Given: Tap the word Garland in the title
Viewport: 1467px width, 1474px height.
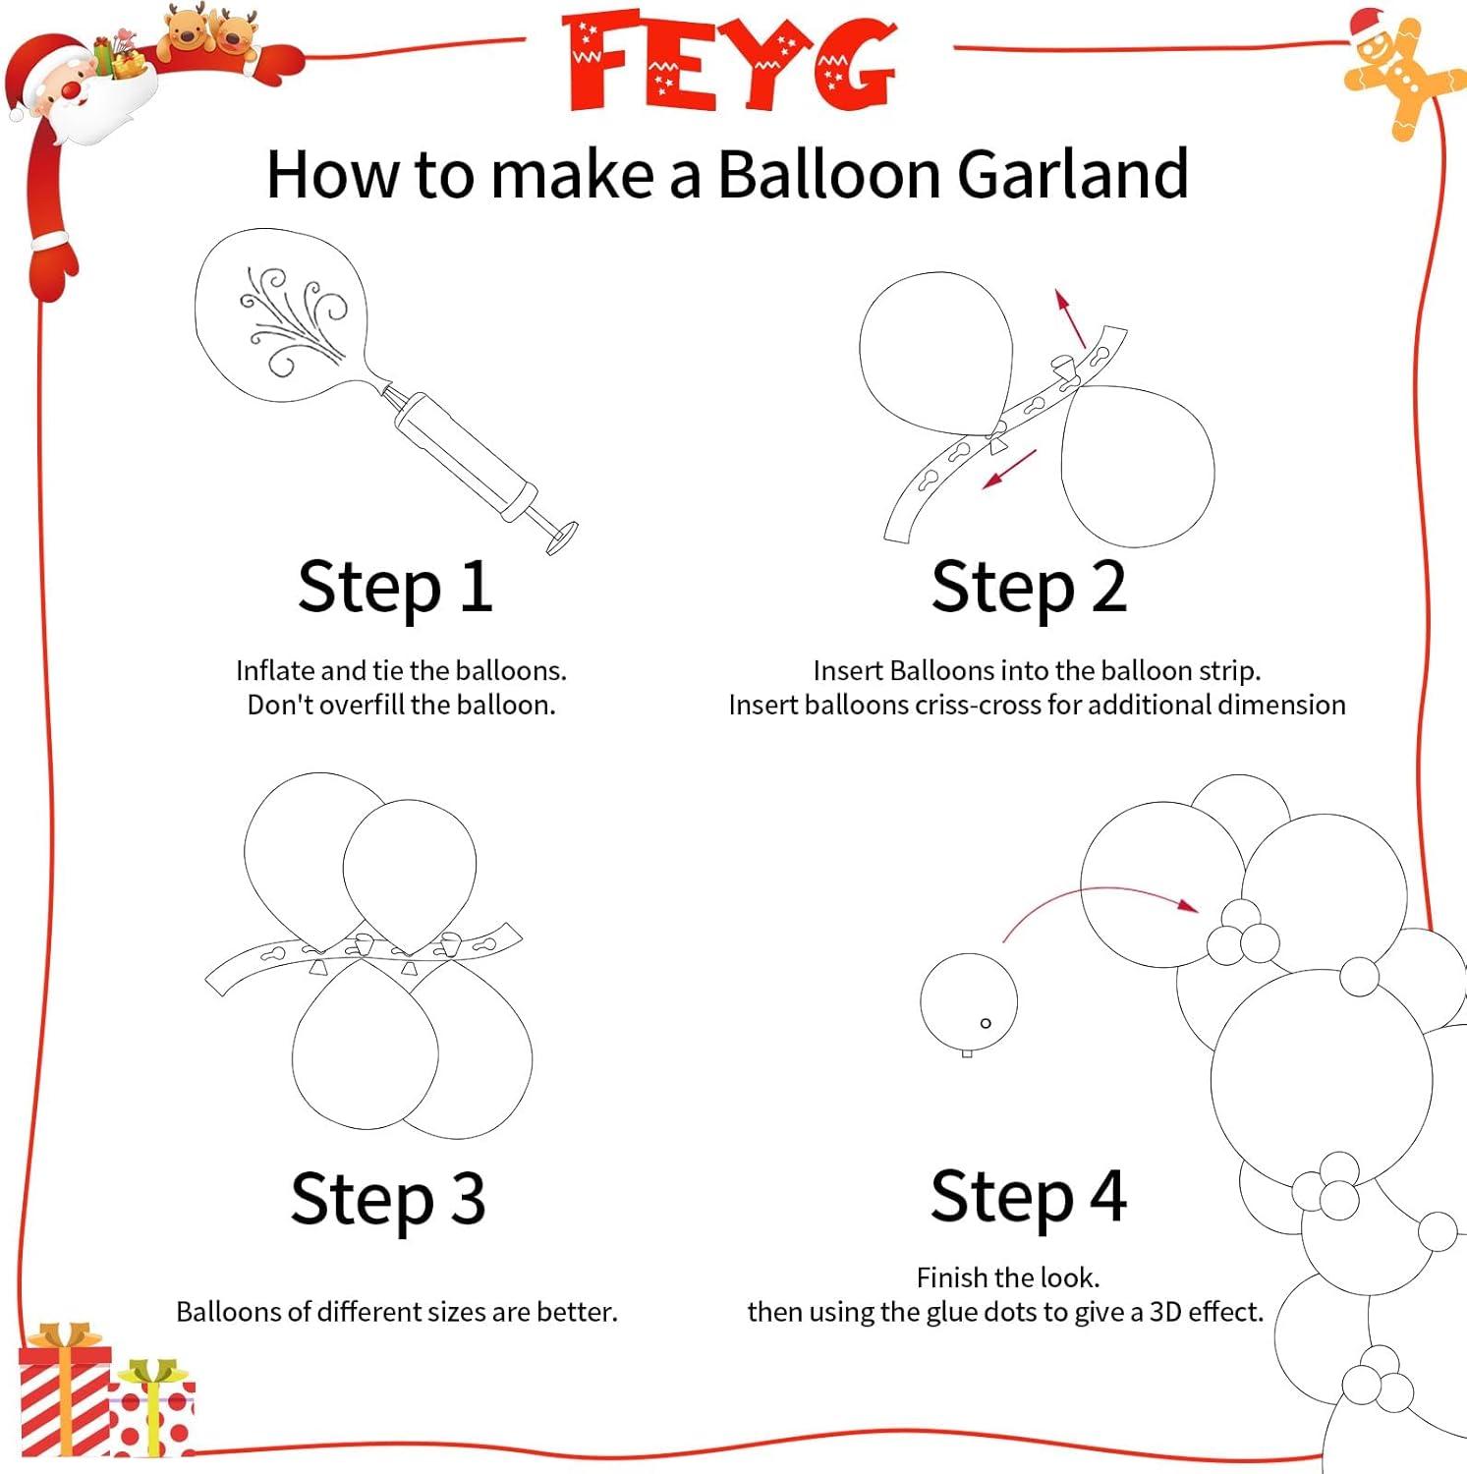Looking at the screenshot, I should [x=1072, y=175].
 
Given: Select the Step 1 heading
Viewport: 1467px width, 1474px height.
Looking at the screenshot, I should [x=395, y=587].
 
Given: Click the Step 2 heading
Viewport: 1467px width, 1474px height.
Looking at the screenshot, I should [x=1028, y=587].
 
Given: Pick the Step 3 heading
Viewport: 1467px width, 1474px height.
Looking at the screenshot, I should [x=388, y=1199].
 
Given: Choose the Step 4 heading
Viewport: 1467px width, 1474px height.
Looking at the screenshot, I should [x=1028, y=1197].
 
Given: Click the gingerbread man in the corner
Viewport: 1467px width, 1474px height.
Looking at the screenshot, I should [x=1400, y=74].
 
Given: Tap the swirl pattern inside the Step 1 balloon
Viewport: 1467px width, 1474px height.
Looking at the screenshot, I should [x=290, y=319].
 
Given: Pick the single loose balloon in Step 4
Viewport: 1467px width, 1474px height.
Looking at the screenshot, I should [x=968, y=1002].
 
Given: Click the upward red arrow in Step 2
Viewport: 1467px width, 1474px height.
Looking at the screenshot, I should [x=1070, y=317].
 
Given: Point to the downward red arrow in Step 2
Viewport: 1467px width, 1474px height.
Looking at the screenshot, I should [x=1009, y=469].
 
